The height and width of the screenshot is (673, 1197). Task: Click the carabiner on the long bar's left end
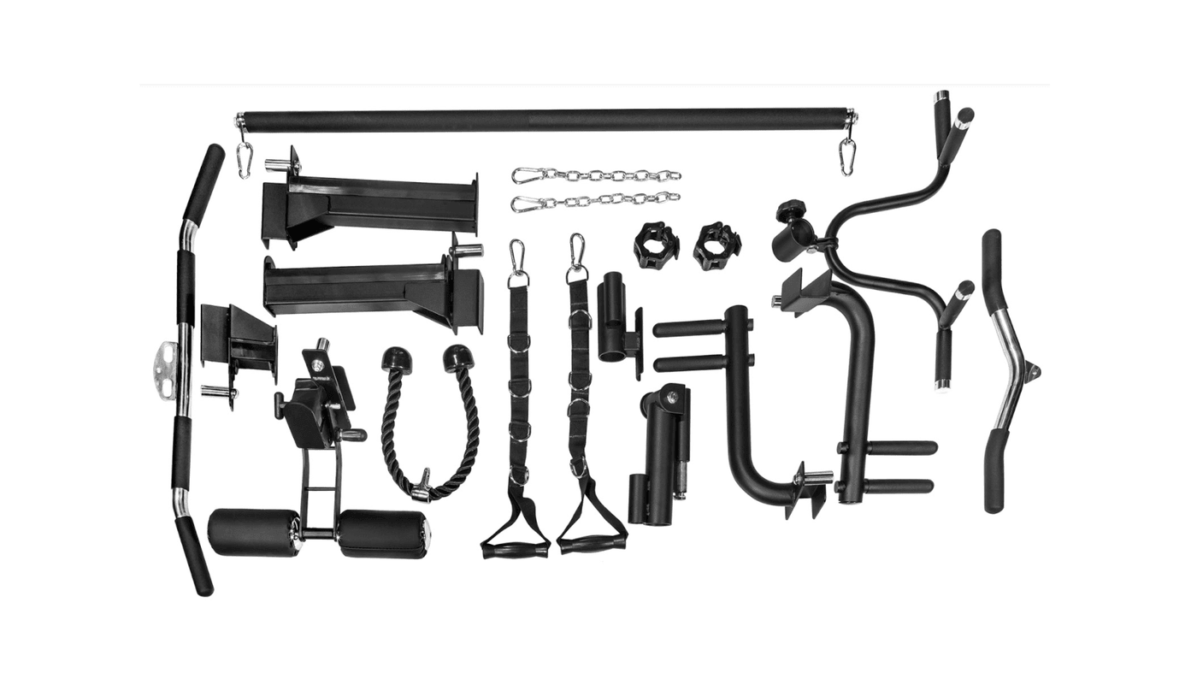click(x=245, y=159)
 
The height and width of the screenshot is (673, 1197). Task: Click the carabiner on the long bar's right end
click(x=847, y=156)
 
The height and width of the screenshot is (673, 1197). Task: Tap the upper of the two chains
click(x=597, y=175)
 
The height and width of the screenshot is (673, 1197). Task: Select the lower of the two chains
click(x=597, y=203)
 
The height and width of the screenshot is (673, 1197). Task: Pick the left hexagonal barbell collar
click(x=656, y=245)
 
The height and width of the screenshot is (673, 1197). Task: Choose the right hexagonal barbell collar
click(x=716, y=245)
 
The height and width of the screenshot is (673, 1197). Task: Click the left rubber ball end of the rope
click(x=396, y=358)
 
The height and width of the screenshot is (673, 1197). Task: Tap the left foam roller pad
click(x=253, y=532)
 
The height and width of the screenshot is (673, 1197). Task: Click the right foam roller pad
click(x=382, y=534)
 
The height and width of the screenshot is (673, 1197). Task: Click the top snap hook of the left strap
click(x=516, y=258)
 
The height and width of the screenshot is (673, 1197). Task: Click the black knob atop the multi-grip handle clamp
click(x=790, y=210)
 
